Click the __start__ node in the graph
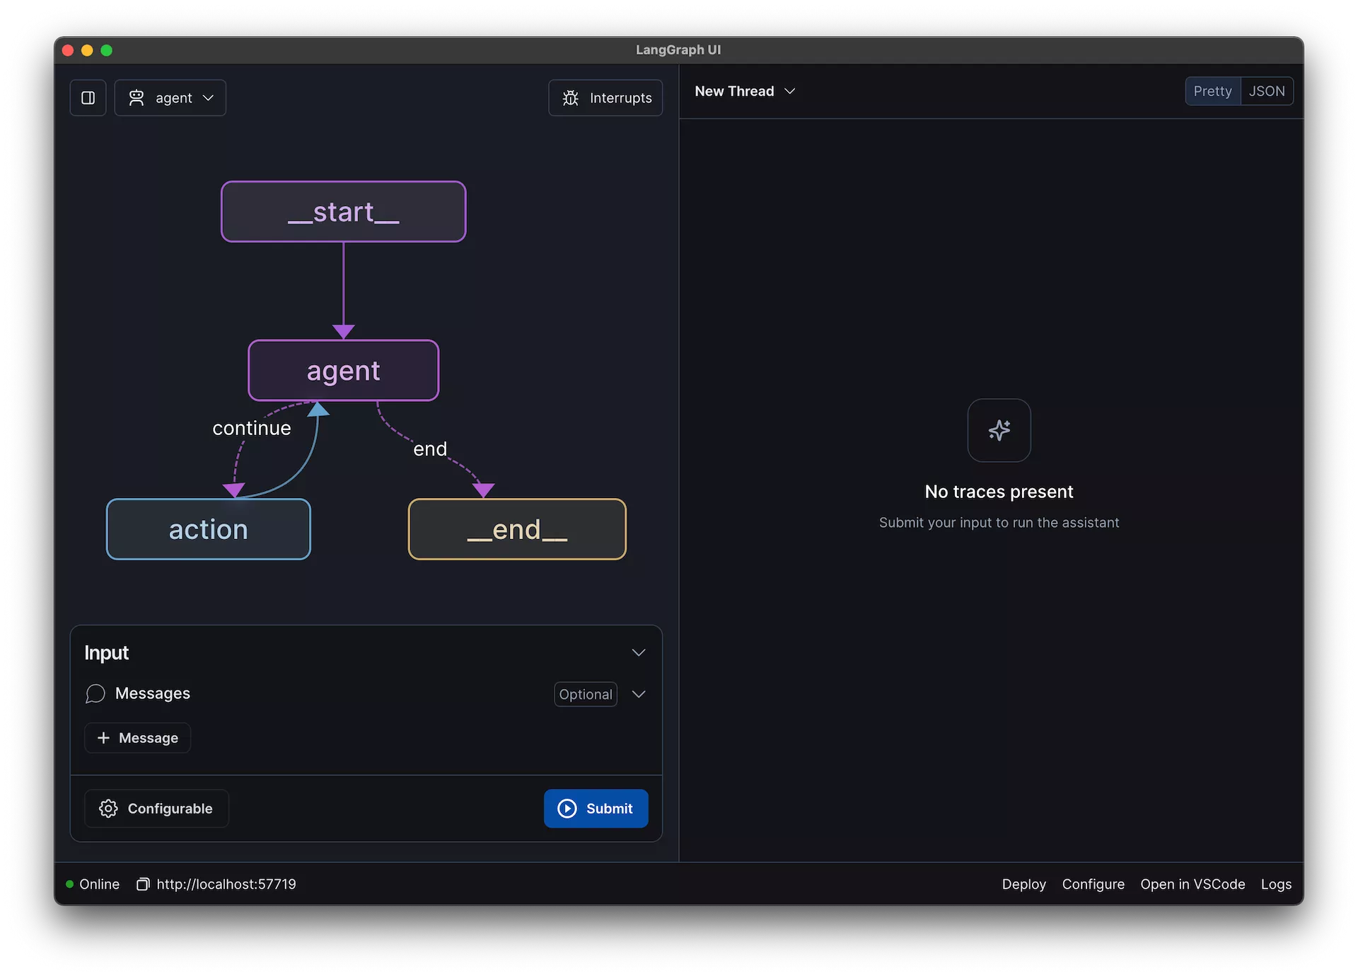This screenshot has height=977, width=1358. coord(343,212)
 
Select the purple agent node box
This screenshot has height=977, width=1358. coord(343,371)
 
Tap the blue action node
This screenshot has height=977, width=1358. coord(208,529)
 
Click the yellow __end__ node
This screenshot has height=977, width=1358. coord(517,529)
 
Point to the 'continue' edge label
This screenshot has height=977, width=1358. coord(252,428)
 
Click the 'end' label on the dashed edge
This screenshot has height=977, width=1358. coord(430,449)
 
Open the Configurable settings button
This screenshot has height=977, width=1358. coord(156,809)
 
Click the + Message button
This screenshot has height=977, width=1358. coord(137,738)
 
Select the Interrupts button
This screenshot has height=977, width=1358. coord(605,98)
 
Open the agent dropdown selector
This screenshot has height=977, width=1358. coord(170,98)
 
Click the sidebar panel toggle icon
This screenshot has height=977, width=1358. coord(88,98)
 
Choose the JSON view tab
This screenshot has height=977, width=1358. coord(1267,91)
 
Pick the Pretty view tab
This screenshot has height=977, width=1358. coord(1213,91)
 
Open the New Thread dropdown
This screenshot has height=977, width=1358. coord(745,91)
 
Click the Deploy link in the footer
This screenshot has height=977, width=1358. coord(1023,884)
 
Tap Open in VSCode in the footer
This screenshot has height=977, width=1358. coord(1192,884)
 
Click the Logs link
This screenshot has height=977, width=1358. coord(1276,884)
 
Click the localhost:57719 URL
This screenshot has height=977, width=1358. coord(226,884)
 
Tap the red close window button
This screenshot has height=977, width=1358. coord(68,50)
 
